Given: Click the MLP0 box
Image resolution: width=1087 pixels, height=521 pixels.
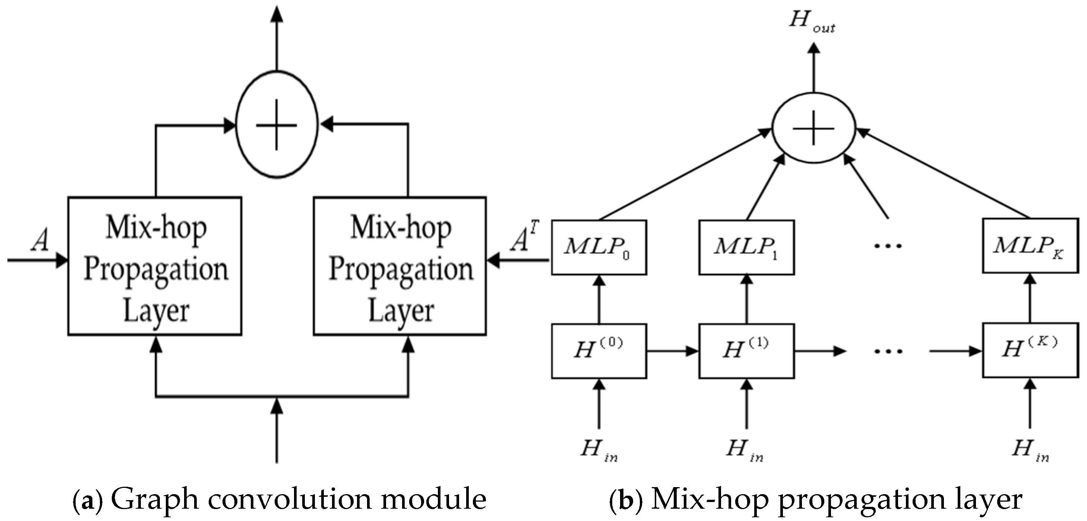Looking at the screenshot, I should tap(598, 247).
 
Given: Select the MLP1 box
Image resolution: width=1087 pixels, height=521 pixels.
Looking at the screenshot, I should tap(746, 247).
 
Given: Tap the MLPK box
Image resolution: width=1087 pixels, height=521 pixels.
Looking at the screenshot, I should tap(1030, 245).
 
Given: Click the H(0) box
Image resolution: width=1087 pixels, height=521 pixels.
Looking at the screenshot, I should tap(598, 350).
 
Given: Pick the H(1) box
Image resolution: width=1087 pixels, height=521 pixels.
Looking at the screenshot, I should tap(746, 350).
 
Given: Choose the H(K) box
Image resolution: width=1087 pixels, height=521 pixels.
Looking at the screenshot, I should tap(1030, 350).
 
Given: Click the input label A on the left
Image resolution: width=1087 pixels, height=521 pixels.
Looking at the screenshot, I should tap(40, 241).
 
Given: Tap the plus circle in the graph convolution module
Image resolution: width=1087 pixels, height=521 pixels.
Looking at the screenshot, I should tap(277, 125).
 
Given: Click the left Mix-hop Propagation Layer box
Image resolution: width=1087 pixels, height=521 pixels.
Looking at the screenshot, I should tap(155, 266).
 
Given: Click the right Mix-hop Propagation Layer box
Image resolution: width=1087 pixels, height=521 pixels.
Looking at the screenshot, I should tap(400, 266).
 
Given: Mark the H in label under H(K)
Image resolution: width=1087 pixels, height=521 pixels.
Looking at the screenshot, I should tap(1030, 450).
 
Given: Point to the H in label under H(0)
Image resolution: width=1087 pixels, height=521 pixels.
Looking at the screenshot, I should tap(598, 450).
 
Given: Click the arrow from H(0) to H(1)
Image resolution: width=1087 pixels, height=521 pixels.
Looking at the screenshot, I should tap(672, 350).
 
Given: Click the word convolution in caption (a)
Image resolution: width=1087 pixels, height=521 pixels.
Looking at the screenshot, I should tap(290, 499).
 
